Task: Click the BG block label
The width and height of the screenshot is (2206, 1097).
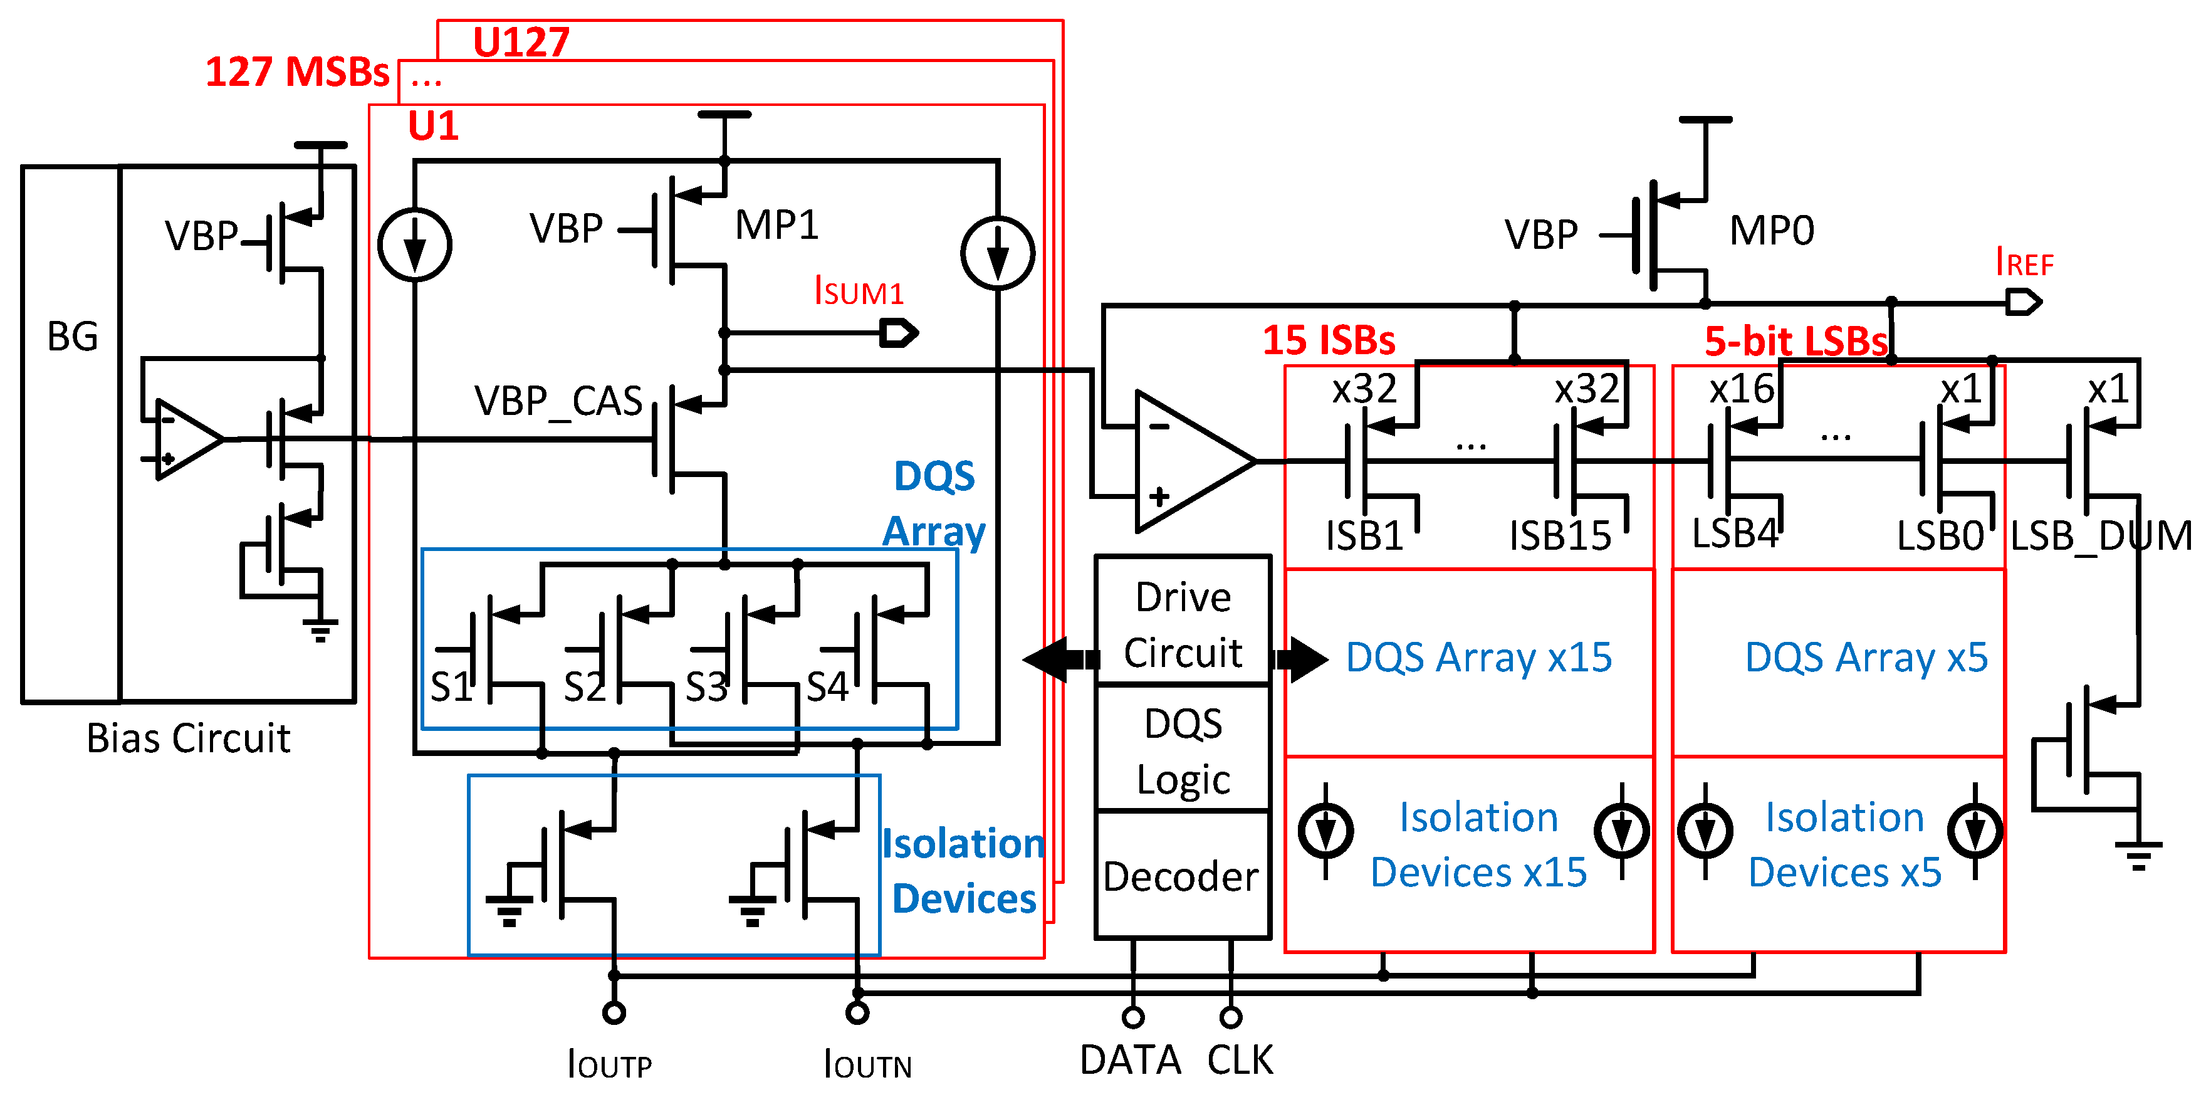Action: pyautogui.click(x=72, y=336)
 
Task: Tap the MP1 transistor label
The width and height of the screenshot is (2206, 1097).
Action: pyautogui.click(x=776, y=225)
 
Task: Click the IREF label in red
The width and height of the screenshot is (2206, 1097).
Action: pyautogui.click(x=2024, y=262)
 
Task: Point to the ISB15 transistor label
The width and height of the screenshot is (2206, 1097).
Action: pyautogui.click(x=1559, y=536)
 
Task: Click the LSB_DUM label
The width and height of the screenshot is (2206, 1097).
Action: pyautogui.click(x=2100, y=536)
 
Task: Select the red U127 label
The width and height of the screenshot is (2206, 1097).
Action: pyautogui.click(x=521, y=42)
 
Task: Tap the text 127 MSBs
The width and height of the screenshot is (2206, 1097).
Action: pyautogui.click(x=296, y=72)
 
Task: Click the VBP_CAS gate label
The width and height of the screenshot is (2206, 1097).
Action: pyautogui.click(x=558, y=401)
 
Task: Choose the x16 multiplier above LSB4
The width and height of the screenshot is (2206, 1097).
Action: pyautogui.click(x=1741, y=390)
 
